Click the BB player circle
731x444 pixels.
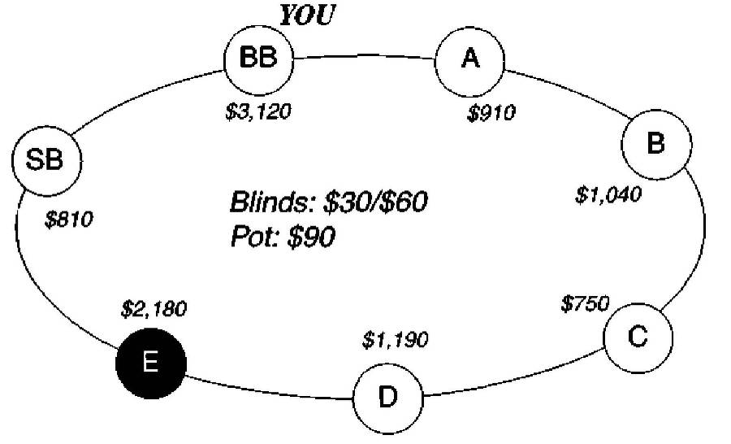click(258, 59)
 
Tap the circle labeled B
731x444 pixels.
click(656, 144)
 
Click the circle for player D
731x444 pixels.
click(388, 398)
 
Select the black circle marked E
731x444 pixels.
click(151, 363)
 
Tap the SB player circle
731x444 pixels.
click(47, 160)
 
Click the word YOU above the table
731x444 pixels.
click(305, 15)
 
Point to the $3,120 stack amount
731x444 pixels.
click(257, 111)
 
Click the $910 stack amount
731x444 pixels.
click(491, 113)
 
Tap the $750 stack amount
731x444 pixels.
click(585, 303)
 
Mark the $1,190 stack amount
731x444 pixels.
click(395, 339)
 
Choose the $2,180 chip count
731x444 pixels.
click(154, 309)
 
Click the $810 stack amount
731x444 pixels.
click(69, 219)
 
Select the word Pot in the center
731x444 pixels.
click(253, 237)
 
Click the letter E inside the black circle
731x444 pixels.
click(150, 363)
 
